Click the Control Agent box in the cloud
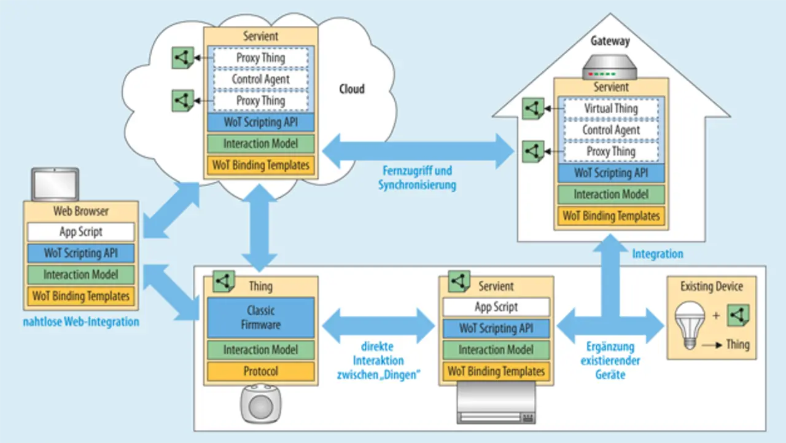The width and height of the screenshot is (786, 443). [x=260, y=79]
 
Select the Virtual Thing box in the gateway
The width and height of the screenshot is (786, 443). [x=610, y=109]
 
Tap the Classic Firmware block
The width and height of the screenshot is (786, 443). [x=260, y=317]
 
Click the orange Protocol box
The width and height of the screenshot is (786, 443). [x=260, y=371]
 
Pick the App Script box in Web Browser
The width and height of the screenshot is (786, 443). [x=80, y=232]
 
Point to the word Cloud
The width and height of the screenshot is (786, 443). [x=352, y=89]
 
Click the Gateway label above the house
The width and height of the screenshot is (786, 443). [x=610, y=42]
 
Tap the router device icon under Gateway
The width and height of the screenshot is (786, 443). [x=610, y=68]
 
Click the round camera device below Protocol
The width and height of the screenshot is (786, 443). [x=260, y=403]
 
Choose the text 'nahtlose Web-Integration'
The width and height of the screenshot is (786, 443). [x=81, y=321]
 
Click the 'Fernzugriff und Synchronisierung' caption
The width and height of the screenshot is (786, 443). [x=417, y=178]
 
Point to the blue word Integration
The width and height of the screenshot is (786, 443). [x=658, y=254]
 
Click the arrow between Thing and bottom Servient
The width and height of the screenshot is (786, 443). [x=378, y=325]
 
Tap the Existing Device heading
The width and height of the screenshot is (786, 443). [x=711, y=286]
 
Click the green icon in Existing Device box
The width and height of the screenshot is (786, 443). [x=738, y=315]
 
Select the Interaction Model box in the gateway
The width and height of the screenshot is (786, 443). [x=610, y=195]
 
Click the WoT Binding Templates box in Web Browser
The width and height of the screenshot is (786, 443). [x=80, y=296]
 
